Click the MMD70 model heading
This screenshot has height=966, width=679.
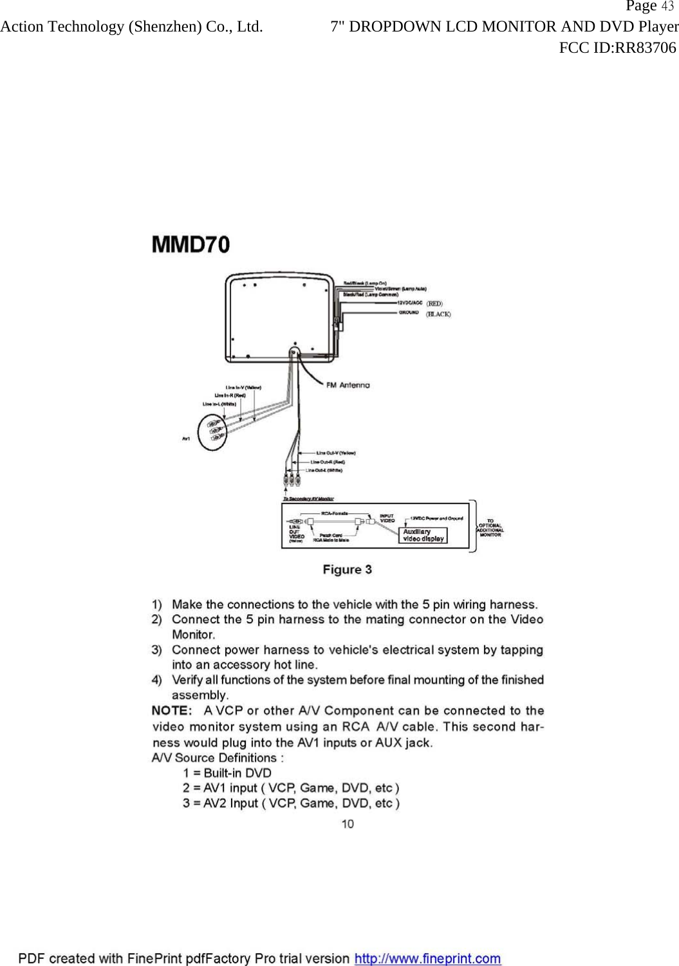pos(191,244)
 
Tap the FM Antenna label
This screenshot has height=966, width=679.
pos(348,385)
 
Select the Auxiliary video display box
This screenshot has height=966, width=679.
pos(423,535)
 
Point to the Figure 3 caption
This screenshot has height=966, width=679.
pos(347,570)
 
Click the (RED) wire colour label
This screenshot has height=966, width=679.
pos(435,303)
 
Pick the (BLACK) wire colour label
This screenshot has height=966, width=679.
pos(438,314)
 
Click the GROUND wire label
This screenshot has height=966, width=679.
pos(409,313)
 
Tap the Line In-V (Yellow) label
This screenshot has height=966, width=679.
pos(243,387)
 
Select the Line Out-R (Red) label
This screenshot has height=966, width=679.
pos(328,462)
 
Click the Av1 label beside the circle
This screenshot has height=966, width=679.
pos(186,439)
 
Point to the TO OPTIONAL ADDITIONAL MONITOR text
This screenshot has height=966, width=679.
pos(490,527)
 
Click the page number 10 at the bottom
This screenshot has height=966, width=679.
pos(348,824)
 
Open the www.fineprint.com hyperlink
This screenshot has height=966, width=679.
pos(427,958)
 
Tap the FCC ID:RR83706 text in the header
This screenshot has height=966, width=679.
pos(617,48)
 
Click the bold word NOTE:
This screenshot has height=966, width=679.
pos(172,711)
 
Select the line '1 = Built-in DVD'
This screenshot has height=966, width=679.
pos(227,773)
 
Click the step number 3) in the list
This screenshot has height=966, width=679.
pos(157,650)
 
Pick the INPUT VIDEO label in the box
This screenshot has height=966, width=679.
pos(387,518)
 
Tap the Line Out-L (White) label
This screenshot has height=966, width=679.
pos(324,470)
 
